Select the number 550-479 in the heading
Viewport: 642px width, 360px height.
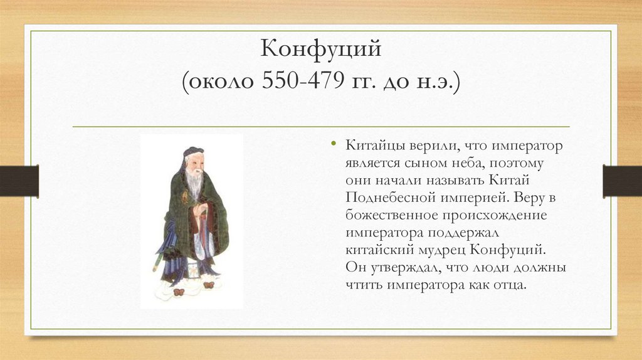[303, 81]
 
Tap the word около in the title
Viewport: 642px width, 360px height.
[218, 82]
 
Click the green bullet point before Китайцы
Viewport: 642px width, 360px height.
[334, 144]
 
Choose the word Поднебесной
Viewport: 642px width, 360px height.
[390, 198]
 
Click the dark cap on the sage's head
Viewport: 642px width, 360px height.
[192, 152]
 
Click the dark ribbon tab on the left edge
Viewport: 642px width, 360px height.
[19, 181]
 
